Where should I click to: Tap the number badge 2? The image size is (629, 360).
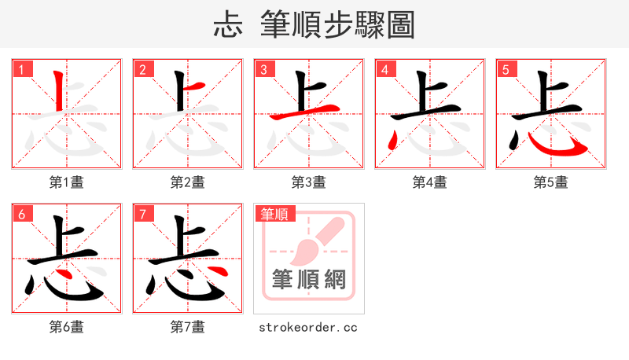point(142,69)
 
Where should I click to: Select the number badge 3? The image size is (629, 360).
point(263,69)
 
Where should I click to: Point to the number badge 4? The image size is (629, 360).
point(384,69)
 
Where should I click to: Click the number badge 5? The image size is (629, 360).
point(506,69)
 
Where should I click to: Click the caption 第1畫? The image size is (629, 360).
point(67,182)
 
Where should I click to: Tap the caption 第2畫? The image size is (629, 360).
point(188,182)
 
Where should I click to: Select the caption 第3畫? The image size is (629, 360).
point(309,182)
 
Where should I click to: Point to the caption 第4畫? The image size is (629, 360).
point(430,182)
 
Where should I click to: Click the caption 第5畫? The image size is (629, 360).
point(551,182)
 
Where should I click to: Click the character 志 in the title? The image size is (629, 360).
point(227,24)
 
